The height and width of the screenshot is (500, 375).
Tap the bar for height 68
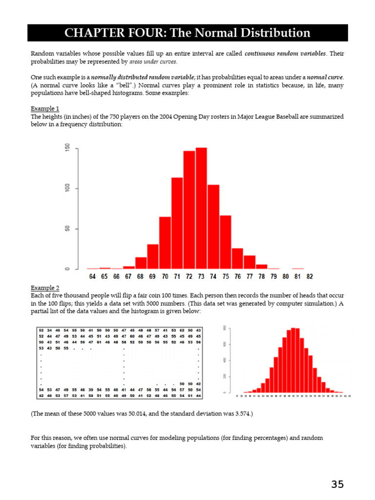coord(141,263)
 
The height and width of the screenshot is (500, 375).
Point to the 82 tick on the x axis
coord(309,276)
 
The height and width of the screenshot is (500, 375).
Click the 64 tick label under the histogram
coord(93,276)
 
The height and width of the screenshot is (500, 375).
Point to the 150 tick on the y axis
coord(67,147)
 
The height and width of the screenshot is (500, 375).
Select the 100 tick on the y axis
coord(67,188)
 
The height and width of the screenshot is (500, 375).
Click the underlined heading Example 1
coord(45,108)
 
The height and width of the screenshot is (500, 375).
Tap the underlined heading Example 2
coord(45,288)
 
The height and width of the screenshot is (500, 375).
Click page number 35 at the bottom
coord(337,484)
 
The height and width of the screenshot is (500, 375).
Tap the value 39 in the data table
coord(91,390)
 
